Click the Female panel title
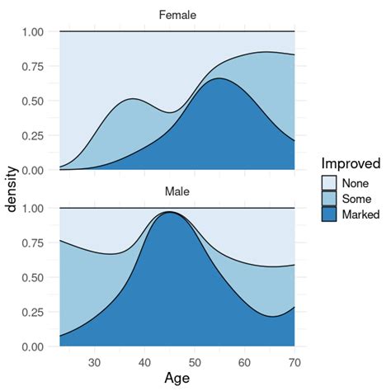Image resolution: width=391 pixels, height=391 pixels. point(177,14)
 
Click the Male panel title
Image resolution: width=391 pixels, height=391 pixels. point(177,191)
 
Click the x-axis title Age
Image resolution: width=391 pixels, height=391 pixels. point(177,378)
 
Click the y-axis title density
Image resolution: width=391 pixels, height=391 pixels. point(12,189)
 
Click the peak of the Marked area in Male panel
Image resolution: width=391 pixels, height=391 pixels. point(171,213)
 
